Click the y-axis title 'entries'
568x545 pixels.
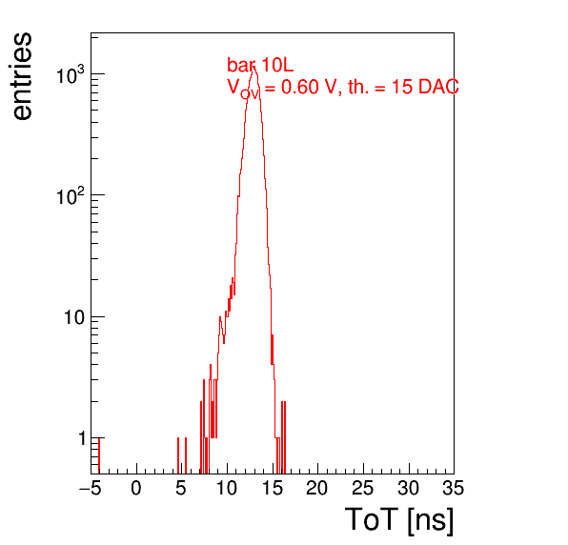pyautogui.click(x=23, y=76)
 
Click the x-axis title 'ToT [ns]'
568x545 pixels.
pyautogui.click(x=399, y=519)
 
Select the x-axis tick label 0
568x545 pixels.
pyautogui.click(x=136, y=488)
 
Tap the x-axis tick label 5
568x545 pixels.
pyautogui.click(x=181, y=488)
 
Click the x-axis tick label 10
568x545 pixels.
pyautogui.click(x=227, y=488)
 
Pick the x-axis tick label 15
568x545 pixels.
pyautogui.click(x=272, y=488)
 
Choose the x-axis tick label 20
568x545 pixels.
pyautogui.click(x=317, y=488)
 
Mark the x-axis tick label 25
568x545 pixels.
pyautogui.click(x=362, y=488)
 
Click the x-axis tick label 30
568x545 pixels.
pyautogui.click(x=408, y=488)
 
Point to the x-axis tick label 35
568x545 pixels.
pyautogui.click(x=454, y=488)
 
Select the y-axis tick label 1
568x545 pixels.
pyautogui.click(x=83, y=438)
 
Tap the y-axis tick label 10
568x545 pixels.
pyautogui.click(x=74, y=317)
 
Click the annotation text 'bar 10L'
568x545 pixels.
pyautogui.click(x=260, y=65)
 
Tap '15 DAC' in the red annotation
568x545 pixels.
pyautogui.click(x=425, y=87)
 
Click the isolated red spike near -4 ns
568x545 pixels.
pyautogui.click(x=99, y=455)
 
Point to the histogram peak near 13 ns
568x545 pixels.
pyautogui.click(x=254, y=67)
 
